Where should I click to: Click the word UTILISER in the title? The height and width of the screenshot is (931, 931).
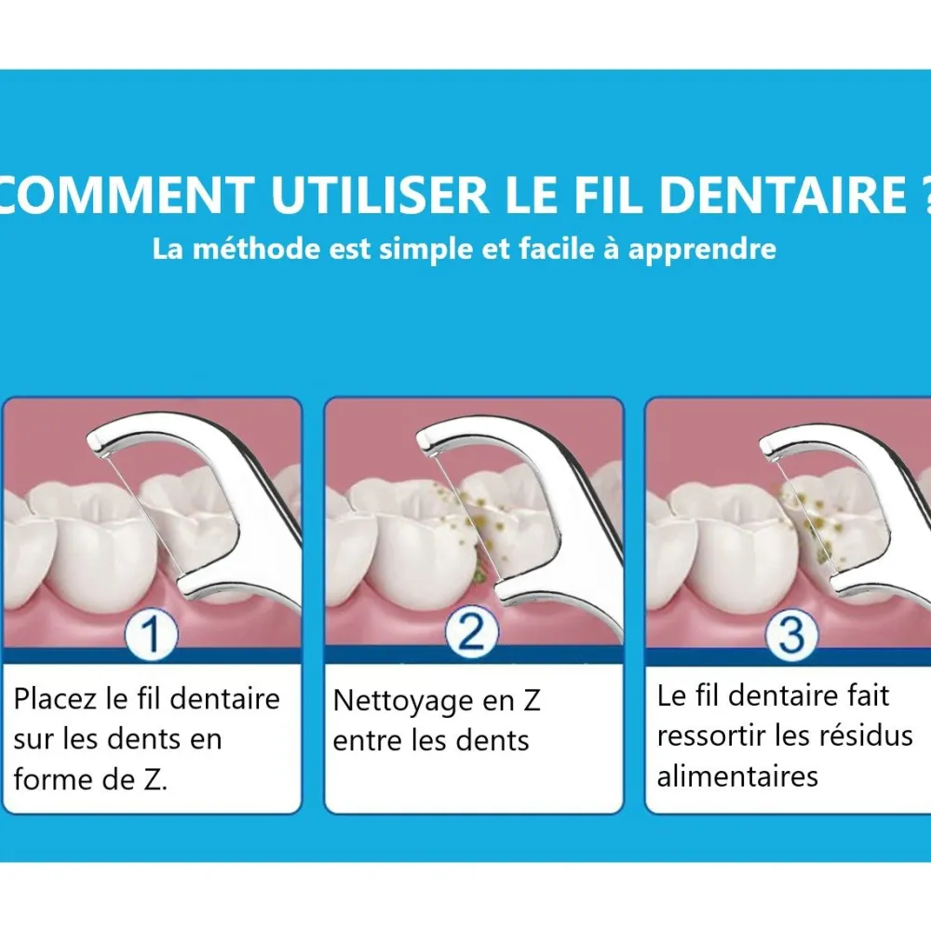[x=380, y=195]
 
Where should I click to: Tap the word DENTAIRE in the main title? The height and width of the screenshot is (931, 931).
[x=783, y=195]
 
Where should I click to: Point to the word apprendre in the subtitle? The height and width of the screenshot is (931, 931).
[x=702, y=250]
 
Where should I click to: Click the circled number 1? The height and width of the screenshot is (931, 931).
[x=152, y=634]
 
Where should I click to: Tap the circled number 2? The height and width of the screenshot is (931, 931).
[x=471, y=632]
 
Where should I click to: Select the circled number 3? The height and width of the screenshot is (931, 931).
[x=791, y=634]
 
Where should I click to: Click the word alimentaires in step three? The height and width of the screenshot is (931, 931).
[x=737, y=776]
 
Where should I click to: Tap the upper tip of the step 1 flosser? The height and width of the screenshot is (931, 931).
[x=91, y=440]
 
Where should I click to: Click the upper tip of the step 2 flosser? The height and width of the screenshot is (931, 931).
[x=419, y=439]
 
